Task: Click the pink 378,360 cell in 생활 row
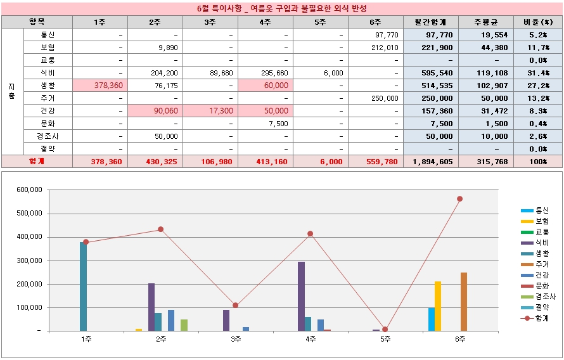click(x=100, y=86)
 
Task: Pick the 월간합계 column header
click(x=430, y=22)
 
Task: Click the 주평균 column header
click(x=485, y=22)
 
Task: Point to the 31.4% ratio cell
click(x=538, y=73)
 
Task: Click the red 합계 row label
click(x=37, y=162)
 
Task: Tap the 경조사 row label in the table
click(x=48, y=136)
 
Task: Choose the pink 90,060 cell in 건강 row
click(x=155, y=111)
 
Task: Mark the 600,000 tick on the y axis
click(x=29, y=190)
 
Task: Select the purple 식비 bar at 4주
click(x=301, y=296)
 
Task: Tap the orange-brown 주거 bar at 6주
click(x=464, y=302)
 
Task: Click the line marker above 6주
click(x=459, y=199)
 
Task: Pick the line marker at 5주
click(x=385, y=330)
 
